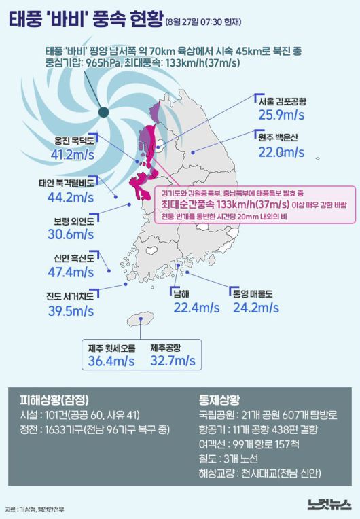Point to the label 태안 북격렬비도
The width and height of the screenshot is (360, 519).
[x=71, y=183]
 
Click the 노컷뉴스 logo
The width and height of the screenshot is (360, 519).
[x=329, y=505]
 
